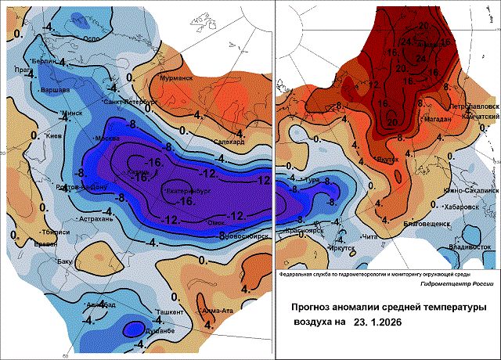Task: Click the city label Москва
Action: (106, 139)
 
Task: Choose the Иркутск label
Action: (322, 247)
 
